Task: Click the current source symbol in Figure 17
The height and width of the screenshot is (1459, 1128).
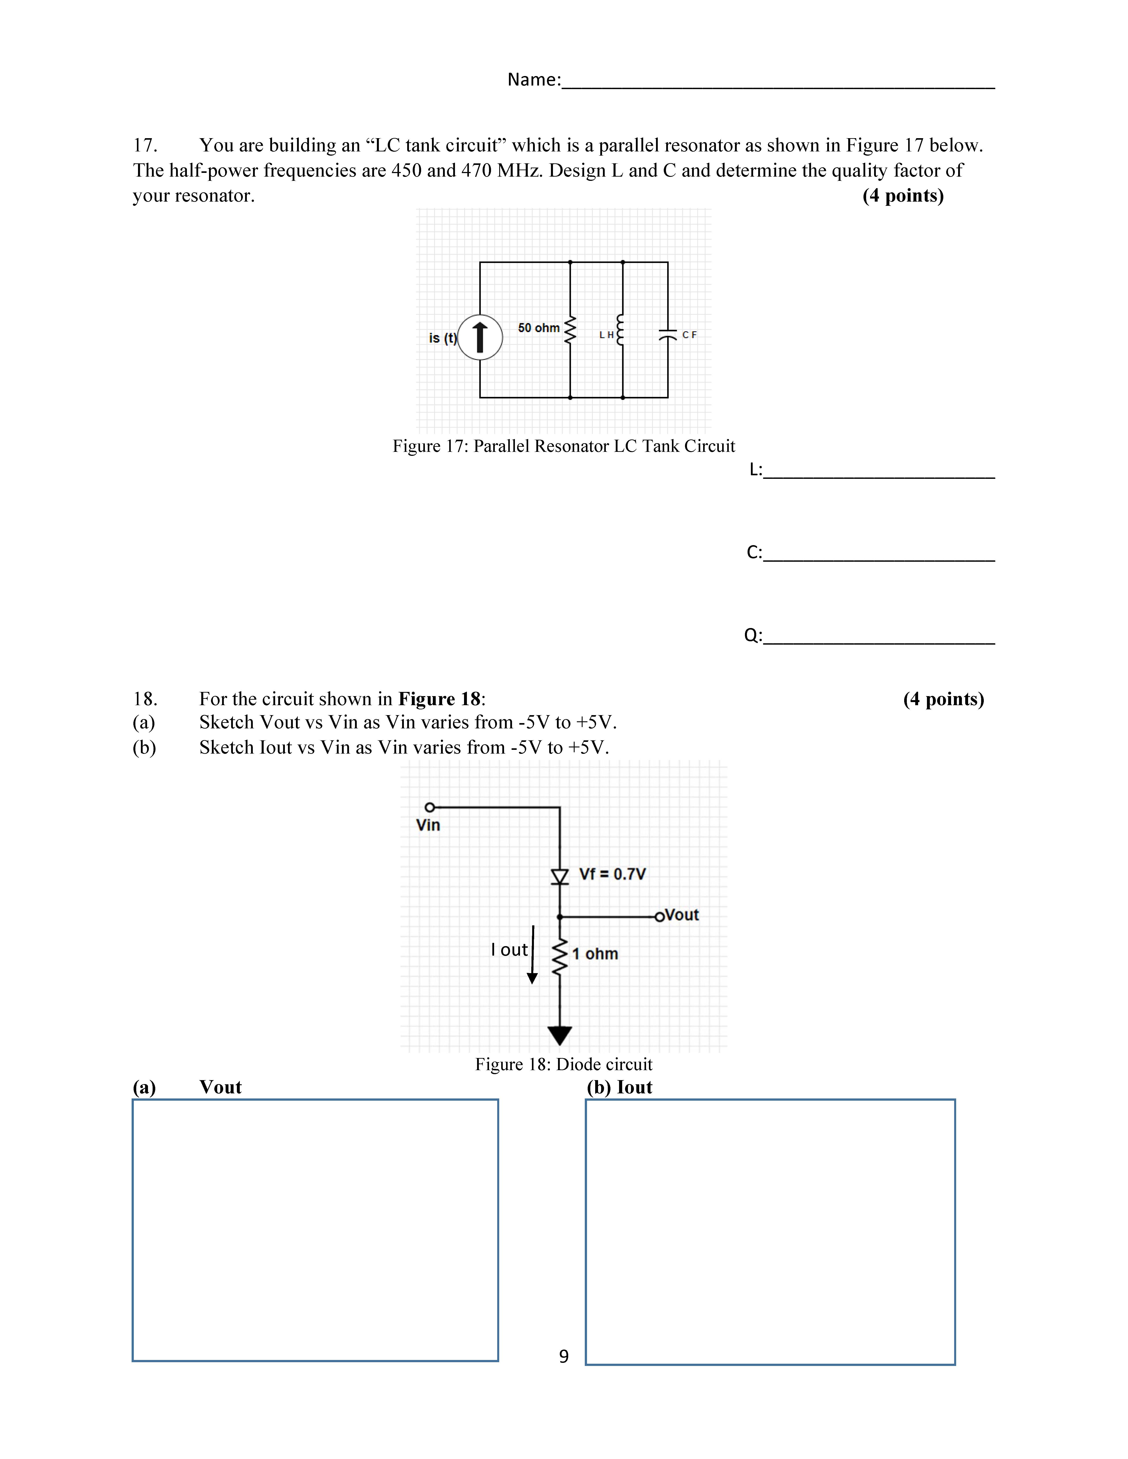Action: pos(480,337)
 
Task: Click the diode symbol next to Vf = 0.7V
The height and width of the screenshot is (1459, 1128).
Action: pos(559,876)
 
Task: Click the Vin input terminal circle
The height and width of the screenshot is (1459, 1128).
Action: pos(430,807)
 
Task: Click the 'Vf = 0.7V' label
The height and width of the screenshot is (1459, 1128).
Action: pos(612,874)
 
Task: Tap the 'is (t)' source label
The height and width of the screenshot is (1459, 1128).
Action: pos(442,338)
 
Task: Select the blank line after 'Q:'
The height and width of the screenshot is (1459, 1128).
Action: pos(879,638)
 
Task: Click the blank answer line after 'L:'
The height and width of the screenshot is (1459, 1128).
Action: pos(879,472)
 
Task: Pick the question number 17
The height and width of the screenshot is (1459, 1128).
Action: pos(145,145)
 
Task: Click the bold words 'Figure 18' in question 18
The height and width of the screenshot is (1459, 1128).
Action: pos(439,699)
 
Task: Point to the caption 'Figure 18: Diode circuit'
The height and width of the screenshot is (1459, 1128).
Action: pos(563,1064)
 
